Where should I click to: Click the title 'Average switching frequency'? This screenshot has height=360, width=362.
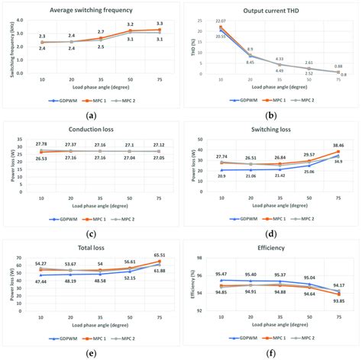[x=92, y=10]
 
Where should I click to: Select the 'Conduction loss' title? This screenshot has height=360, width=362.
[x=92, y=130]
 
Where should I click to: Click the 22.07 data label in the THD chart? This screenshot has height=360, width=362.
[x=221, y=21]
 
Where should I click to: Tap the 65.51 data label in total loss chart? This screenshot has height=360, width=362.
[x=157, y=256]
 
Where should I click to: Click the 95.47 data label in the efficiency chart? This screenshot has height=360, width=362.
[x=221, y=274]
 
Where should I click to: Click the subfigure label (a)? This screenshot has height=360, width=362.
[x=92, y=114]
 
